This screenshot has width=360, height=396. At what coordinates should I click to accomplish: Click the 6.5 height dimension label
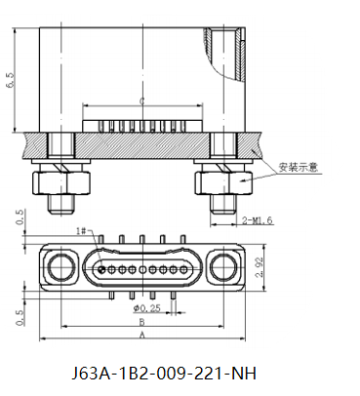click(11, 80)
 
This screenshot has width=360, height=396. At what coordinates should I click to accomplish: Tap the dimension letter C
click(142, 101)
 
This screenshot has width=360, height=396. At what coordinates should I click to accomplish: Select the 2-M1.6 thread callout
click(257, 220)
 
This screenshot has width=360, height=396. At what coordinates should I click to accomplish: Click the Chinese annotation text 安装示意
click(298, 167)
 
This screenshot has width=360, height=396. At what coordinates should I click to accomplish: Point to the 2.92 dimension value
click(260, 267)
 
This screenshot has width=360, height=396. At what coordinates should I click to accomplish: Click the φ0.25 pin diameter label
click(146, 307)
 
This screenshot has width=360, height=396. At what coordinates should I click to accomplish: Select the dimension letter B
click(142, 322)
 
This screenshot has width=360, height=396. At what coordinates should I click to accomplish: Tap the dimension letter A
click(142, 335)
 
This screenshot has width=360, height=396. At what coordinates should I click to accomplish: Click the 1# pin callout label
click(81, 231)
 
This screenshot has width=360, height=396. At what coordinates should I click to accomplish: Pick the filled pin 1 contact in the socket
click(102, 269)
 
